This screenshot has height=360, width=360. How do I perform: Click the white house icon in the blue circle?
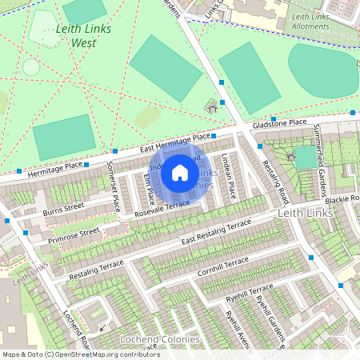[x=180, y=172]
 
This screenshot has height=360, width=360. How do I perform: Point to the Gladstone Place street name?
[x=279, y=124]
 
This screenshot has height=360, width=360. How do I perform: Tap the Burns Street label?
[x=64, y=206]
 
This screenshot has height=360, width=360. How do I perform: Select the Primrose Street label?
[x=73, y=233]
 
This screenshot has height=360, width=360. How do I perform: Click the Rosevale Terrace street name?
[x=162, y=209]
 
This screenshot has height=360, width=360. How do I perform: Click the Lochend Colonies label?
[x=159, y=339]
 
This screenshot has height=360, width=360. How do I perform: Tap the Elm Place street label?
[x=147, y=186]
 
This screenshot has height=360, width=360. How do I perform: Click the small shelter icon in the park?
[x=213, y=105]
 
